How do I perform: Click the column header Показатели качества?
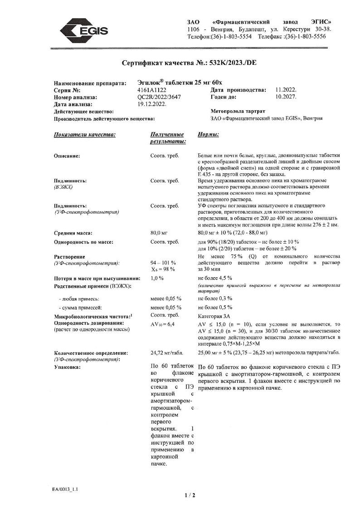pyautogui.click(x=84, y=135)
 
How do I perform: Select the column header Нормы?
pyautogui.click(x=209, y=135)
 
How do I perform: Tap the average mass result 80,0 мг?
pyautogui.click(x=159, y=233)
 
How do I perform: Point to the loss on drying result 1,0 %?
pyautogui.click(x=157, y=278)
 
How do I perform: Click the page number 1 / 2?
pyautogui.click(x=190, y=495)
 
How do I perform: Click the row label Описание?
pyautogui.click(x=67, y=156)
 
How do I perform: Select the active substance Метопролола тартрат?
pyautogui.click(x=238, y=111)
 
